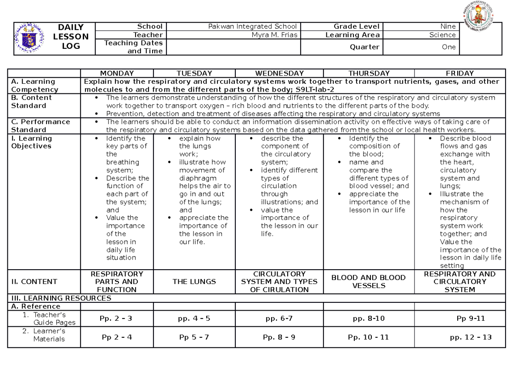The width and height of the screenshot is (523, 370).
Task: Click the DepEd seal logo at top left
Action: (x=30, y=38)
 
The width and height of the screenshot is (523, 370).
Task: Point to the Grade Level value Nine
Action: (x=448, y=27)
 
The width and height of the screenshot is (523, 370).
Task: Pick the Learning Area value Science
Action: (x=442, y=35)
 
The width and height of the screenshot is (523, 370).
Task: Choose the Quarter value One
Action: (x=448, y=47)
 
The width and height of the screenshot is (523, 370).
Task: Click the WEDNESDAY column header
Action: (x=279, y=73)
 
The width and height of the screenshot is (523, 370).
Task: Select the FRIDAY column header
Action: (x=460, y=73)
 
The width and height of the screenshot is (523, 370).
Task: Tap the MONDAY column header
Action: (x=117, y=73)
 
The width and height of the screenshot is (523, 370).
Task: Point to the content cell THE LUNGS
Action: (x=194, y=282)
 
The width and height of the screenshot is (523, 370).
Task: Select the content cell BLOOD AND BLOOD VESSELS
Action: (x=368, y=281)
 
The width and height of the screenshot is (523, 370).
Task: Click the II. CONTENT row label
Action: (x=34, y=282)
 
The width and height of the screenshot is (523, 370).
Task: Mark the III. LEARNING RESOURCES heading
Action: (x=61, y=298)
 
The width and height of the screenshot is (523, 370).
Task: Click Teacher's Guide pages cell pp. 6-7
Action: (x=279, y=319)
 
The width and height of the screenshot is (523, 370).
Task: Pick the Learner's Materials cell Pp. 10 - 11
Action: (x=368, y=337)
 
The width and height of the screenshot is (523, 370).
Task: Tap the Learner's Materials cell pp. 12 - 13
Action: (x=471, y=337)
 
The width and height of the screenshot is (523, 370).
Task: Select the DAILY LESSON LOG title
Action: (x=71, y=37)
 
